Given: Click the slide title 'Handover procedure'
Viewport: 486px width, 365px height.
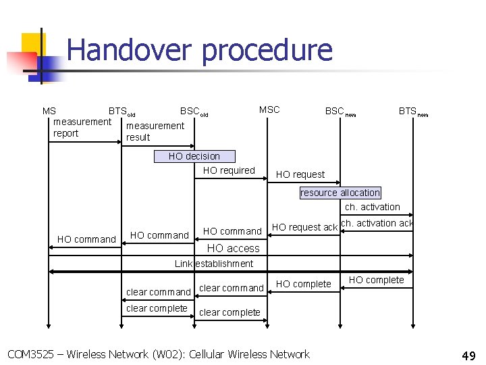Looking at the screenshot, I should (x=200, y=51).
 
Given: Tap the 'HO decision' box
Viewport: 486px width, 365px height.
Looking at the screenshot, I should (x=194, y=156).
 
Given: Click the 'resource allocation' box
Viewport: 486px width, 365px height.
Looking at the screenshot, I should (x=340, y=193).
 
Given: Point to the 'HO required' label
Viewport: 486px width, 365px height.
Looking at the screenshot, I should (x=229, y=170).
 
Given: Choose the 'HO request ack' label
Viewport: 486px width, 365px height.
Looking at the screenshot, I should (x=304, y=227).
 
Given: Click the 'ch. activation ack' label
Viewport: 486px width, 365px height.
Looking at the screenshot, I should (x=377, y=223).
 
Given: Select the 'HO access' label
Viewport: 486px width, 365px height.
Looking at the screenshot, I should (x=233, y=248).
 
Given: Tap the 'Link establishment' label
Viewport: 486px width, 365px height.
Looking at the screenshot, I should (x=214, y=264).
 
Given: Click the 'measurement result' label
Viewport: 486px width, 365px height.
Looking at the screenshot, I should (x=155, y=131).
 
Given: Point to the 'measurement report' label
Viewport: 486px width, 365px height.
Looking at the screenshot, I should (x=82, y=127).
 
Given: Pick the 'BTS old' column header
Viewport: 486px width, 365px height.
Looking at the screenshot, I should (x=122, y=112).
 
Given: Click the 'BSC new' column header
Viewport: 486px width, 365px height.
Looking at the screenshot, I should (x=340, y=112).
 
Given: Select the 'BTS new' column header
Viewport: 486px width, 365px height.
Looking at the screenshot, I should (x=412, y=112).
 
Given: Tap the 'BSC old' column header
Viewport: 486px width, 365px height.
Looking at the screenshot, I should (x=194, y=112).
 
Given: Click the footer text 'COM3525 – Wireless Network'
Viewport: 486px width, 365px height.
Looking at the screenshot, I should (x=158, y=354).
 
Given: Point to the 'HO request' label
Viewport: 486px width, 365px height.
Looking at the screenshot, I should (x=300, y=174).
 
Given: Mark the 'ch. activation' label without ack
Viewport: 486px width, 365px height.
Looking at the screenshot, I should (x=372, y=207).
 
